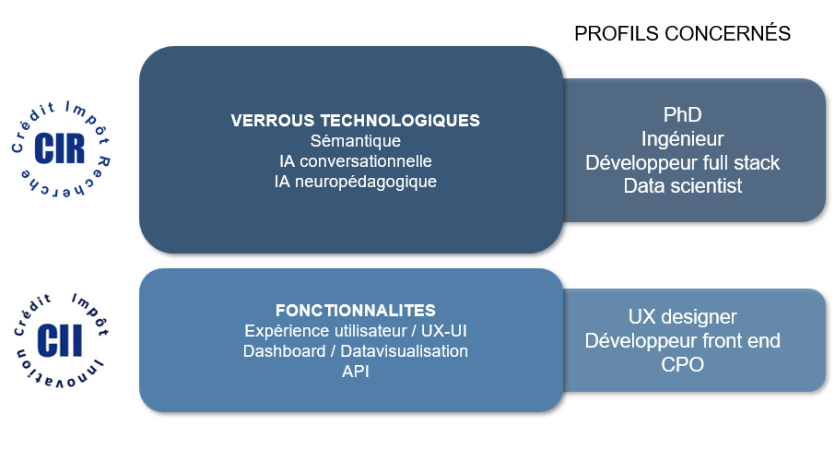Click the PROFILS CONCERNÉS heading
[x=682, y=33]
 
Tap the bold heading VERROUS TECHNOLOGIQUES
[x=355, y=121]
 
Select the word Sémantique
[x=355, y=141]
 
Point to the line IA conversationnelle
[x=355, y=160]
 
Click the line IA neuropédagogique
[x=355, y=182]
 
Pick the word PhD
[x=682, y=114]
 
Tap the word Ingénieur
[x=682, y=139]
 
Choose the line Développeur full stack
[x=682, y=162]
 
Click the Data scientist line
[x=682, y=186]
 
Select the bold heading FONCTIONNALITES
[x=355, y=311]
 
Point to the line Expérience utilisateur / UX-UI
[x=355, y=331]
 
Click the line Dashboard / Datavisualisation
[x=355, y=351]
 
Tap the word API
[x=355, y=372]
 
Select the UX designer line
[x=682, y=317]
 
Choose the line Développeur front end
[x=682, y=341]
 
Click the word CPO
[x=682, y=365]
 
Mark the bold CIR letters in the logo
[x=60, y=148]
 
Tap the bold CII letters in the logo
[x=60, y=340]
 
